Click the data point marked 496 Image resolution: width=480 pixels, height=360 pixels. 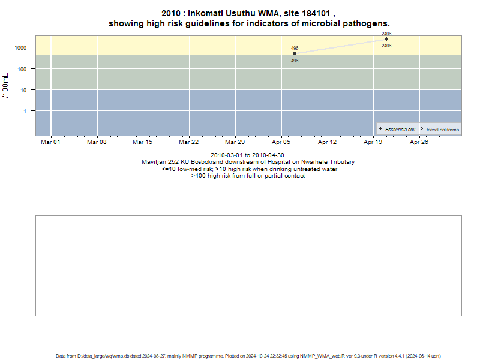pos(295,53)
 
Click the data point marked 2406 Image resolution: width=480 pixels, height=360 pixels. pos(386,39)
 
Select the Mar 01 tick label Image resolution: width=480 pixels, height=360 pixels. pos(50,142)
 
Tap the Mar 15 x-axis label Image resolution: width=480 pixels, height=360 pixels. pos(142,142)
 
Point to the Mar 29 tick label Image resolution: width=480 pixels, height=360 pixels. pos(235,142)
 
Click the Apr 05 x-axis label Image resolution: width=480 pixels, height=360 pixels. pos(281,142)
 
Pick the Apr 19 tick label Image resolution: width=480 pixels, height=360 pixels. pos(373,142)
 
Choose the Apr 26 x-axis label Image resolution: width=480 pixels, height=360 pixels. pos(419,142)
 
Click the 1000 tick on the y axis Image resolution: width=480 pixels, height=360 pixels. pos(20,48)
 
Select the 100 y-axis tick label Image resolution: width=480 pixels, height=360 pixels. pos(22,69)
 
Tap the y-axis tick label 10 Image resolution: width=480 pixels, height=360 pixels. pos(23,91)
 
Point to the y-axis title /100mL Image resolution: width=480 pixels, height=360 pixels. pos(5,86)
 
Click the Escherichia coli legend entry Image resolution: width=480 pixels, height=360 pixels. pos(397,130)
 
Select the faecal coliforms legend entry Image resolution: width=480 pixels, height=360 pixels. pos(440,130)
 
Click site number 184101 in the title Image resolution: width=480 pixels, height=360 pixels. pos(316,13)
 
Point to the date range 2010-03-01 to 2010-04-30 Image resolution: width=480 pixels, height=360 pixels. pos(247,155)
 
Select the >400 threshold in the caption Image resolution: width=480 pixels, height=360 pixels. pos(199,176)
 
